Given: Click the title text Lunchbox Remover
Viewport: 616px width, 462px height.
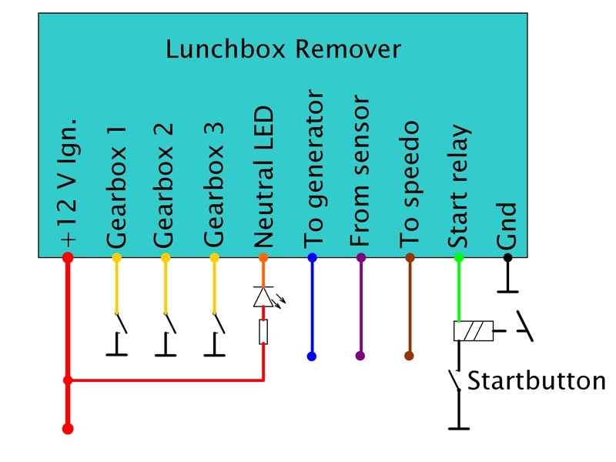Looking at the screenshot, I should point(283,50).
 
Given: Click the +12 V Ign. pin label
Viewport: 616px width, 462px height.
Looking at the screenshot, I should point(68,183).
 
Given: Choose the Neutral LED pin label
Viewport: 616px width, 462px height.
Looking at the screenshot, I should point(263,176).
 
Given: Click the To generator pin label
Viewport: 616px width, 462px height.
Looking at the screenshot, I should point(313,169).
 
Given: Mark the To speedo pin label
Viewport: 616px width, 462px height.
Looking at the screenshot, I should point(410,187).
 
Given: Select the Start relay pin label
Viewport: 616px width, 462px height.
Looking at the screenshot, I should point(458,185).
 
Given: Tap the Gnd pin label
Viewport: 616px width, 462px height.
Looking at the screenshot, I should point(507,226).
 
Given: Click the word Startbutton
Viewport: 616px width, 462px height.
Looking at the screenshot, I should point(537,381).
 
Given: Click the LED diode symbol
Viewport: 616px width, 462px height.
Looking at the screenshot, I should point(263,296).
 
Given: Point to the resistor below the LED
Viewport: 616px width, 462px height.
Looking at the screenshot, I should point(263,333).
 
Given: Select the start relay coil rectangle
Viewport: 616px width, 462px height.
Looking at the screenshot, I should point(472,332).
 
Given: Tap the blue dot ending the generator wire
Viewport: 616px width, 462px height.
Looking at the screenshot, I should point(312,357).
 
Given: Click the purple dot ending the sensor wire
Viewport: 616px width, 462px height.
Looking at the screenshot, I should point(360,357).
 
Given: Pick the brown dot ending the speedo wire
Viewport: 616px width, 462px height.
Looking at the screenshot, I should point(409,357).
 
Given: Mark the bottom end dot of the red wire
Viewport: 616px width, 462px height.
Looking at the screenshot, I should point(68,428).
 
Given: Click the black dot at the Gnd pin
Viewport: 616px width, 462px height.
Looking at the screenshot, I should point(507,257).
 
